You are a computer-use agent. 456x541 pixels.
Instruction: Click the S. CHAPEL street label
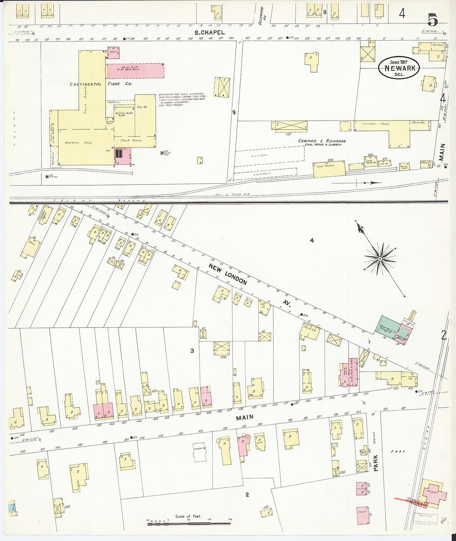[210, 32]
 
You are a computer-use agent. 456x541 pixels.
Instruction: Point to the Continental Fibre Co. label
[101, 84]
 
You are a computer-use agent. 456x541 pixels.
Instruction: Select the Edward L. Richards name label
[322, 141]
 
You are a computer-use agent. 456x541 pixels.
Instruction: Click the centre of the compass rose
[380, 259]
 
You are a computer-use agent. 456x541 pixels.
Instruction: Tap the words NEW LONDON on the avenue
[228, 274]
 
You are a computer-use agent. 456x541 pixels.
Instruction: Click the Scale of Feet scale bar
[189, 523]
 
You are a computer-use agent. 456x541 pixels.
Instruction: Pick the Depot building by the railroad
[433, 493]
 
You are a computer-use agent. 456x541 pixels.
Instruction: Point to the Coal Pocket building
[329, 169]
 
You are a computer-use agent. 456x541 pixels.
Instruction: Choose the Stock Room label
[131, 140]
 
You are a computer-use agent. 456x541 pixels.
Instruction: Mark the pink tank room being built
[135, 70]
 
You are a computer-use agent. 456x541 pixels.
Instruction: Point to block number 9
[234, 112]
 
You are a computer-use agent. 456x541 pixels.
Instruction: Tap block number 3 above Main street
[192, 351]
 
